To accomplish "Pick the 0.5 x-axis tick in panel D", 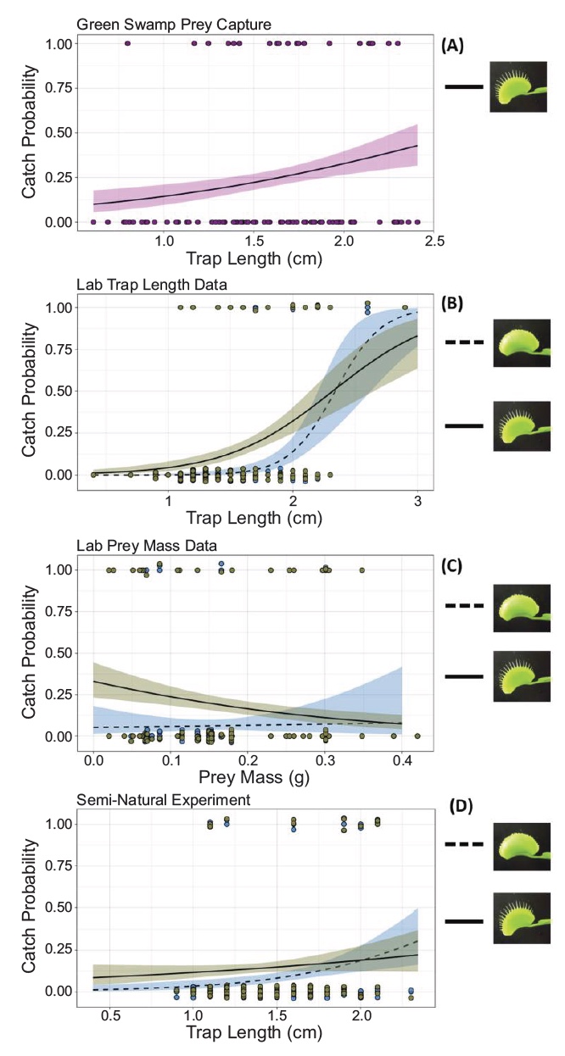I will pyautogui.click(x=109, y=1017).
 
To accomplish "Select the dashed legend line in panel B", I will pyautogui.click(x=465, y=343).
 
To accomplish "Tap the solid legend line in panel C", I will pyautogui.click(x=465, y=676).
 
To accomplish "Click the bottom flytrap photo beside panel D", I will pyautogui.click(x=517, y=920).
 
